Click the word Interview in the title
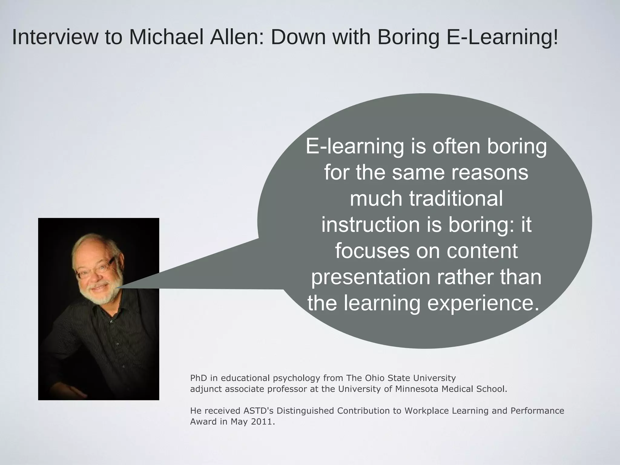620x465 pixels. click(55, 37)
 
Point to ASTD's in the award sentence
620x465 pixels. click(259, 411)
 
